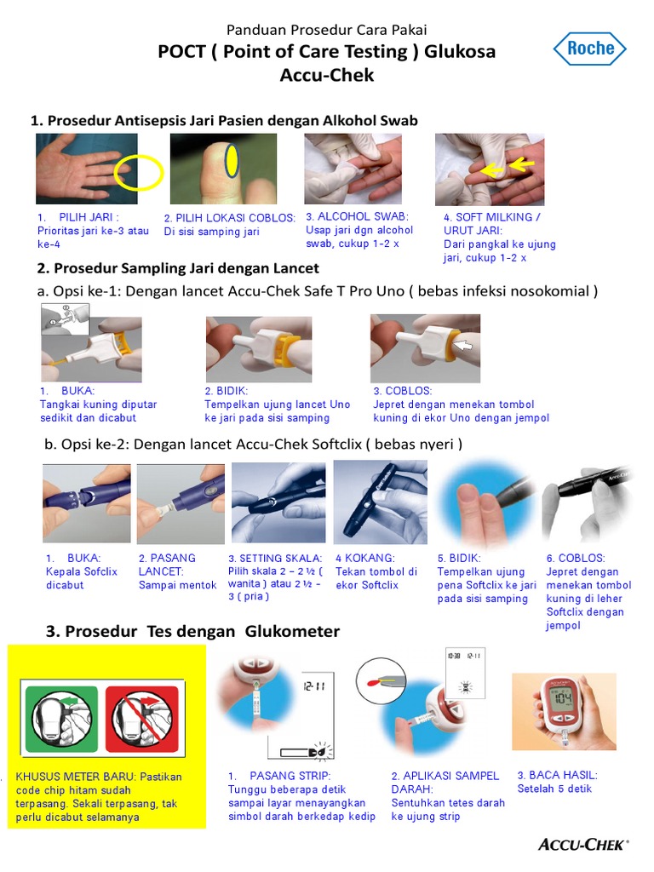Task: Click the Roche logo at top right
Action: click(590, 49)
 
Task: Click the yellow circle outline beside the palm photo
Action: click(140, 172)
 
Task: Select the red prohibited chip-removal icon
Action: click(141, 720)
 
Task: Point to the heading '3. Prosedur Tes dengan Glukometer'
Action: click(192, 631)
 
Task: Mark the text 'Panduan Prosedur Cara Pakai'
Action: click(326, 31)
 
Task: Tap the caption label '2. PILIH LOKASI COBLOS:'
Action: click(230, 218)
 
